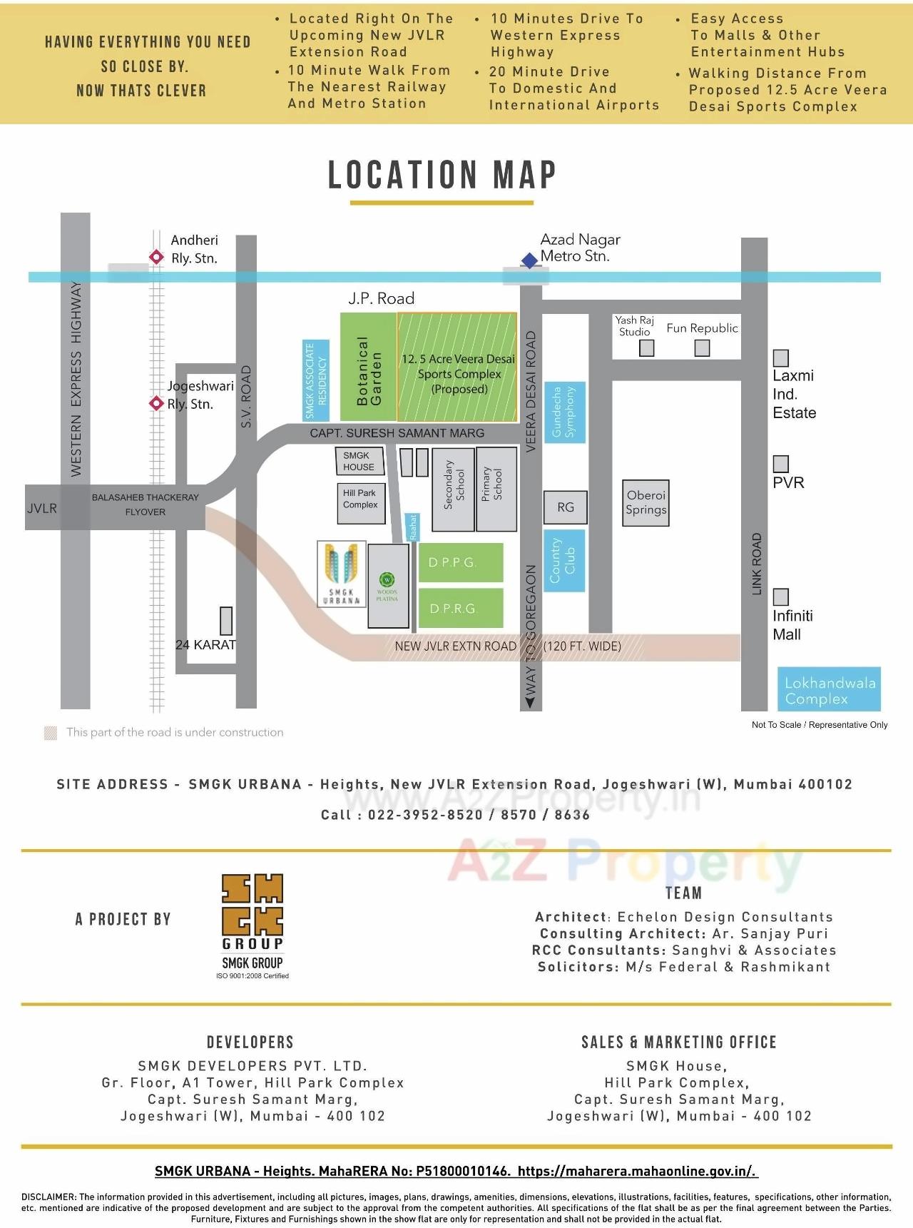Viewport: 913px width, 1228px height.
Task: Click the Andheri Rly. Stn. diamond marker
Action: coord(156,257)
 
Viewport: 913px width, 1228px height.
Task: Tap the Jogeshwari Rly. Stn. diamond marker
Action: coord(156,403)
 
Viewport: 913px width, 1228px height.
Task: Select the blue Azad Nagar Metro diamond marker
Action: coord(529,261)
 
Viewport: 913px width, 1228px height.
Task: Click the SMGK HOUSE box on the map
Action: coord(359,461)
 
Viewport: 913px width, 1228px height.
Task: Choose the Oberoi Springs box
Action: coord(646,503)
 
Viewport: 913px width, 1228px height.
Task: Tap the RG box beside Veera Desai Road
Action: coord(566,507)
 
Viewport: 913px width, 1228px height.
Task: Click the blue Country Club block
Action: coord(565,560)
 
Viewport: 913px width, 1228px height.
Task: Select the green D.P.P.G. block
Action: coord(461,562)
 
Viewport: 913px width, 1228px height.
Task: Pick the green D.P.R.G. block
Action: coord(461,608)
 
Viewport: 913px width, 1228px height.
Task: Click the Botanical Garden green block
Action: coord(368,368)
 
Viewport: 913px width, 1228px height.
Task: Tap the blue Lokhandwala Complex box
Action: coord(829,689)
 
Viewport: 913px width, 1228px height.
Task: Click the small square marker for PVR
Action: coord(781,464)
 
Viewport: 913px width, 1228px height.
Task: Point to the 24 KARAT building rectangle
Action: coord(226,621)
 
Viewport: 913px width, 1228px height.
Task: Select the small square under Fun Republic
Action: coord(702,347)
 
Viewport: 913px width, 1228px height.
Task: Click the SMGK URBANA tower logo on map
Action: coord(342,573)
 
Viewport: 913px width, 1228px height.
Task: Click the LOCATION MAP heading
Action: coord(442,176)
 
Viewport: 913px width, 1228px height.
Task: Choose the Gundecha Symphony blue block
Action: coord(565,412)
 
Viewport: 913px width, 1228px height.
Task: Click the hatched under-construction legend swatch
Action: coord(51,733)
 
